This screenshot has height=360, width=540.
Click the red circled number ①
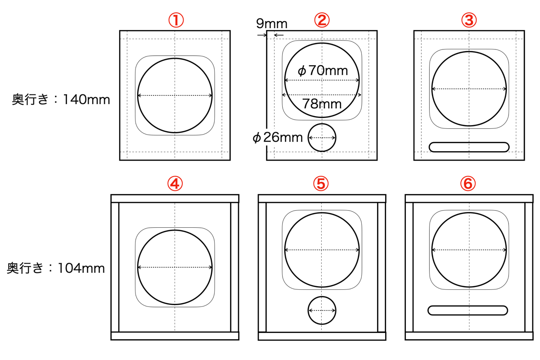(176, 20)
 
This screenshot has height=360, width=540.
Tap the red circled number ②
(322, 20)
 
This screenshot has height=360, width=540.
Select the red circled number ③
(469, 20)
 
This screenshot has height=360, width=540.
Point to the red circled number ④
(175, 184)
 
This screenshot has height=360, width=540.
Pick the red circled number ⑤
(321, 184)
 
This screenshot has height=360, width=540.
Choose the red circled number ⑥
(468, 184)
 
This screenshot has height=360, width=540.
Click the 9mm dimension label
(272, 24)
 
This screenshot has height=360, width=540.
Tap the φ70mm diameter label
(323, 71)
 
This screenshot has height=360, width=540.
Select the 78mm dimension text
(322, 104)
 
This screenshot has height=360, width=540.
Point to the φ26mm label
(278, 138)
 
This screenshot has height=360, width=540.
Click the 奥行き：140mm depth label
(61, 99)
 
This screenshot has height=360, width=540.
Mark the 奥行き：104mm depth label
(56, 268)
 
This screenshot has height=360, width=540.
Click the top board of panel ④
(175, 199)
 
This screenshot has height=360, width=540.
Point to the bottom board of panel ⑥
(469, 336)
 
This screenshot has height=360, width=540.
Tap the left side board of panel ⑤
(262, 267)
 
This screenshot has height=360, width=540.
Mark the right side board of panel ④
(235, 267)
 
